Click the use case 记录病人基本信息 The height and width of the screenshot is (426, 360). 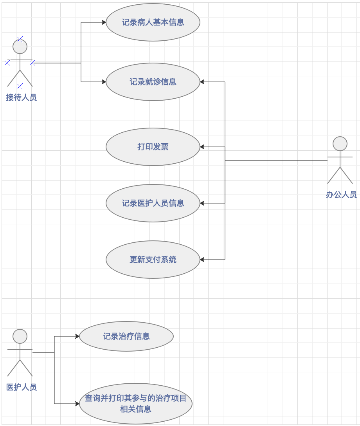pyautogui.click(x=153, y=22)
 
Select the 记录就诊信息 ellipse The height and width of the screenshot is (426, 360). pyautogui.click(x=153, y=82)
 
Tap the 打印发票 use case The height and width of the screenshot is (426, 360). pyautogui.click(x=153, y=147)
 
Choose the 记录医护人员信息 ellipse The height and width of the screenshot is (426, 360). pyautogui.click(x=153, y=203)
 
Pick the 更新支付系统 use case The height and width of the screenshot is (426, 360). pyautogui.click(x=153, y=260)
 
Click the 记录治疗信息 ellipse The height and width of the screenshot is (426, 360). pyautogui.click(x=126, y=336)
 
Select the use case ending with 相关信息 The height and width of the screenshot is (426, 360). pyautogui.click(x=136, y=404)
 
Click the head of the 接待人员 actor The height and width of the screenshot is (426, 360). pyautogui.click(x=20, y=47)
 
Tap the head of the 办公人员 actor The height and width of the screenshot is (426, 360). pyautogui.click(x=340, y=144)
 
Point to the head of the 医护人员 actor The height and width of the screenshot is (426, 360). pyautogui.click(x=20, y=336)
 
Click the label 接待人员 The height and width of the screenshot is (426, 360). pyautogui.click(x=22, y=97)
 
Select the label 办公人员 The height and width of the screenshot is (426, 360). pyautogui.click(x=341, y=195)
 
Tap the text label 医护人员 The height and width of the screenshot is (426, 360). pyautogui.click(x=22, y=387)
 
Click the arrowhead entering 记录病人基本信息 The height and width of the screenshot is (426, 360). pyautogui.click(x=104, y=22)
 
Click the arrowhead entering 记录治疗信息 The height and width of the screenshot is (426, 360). pyautogui.click(x=77, y=336)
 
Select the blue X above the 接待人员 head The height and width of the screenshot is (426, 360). pyautogui.click(x=20, y=39)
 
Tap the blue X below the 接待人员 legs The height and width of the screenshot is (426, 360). pyautogui.click(x=20, y=86)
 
